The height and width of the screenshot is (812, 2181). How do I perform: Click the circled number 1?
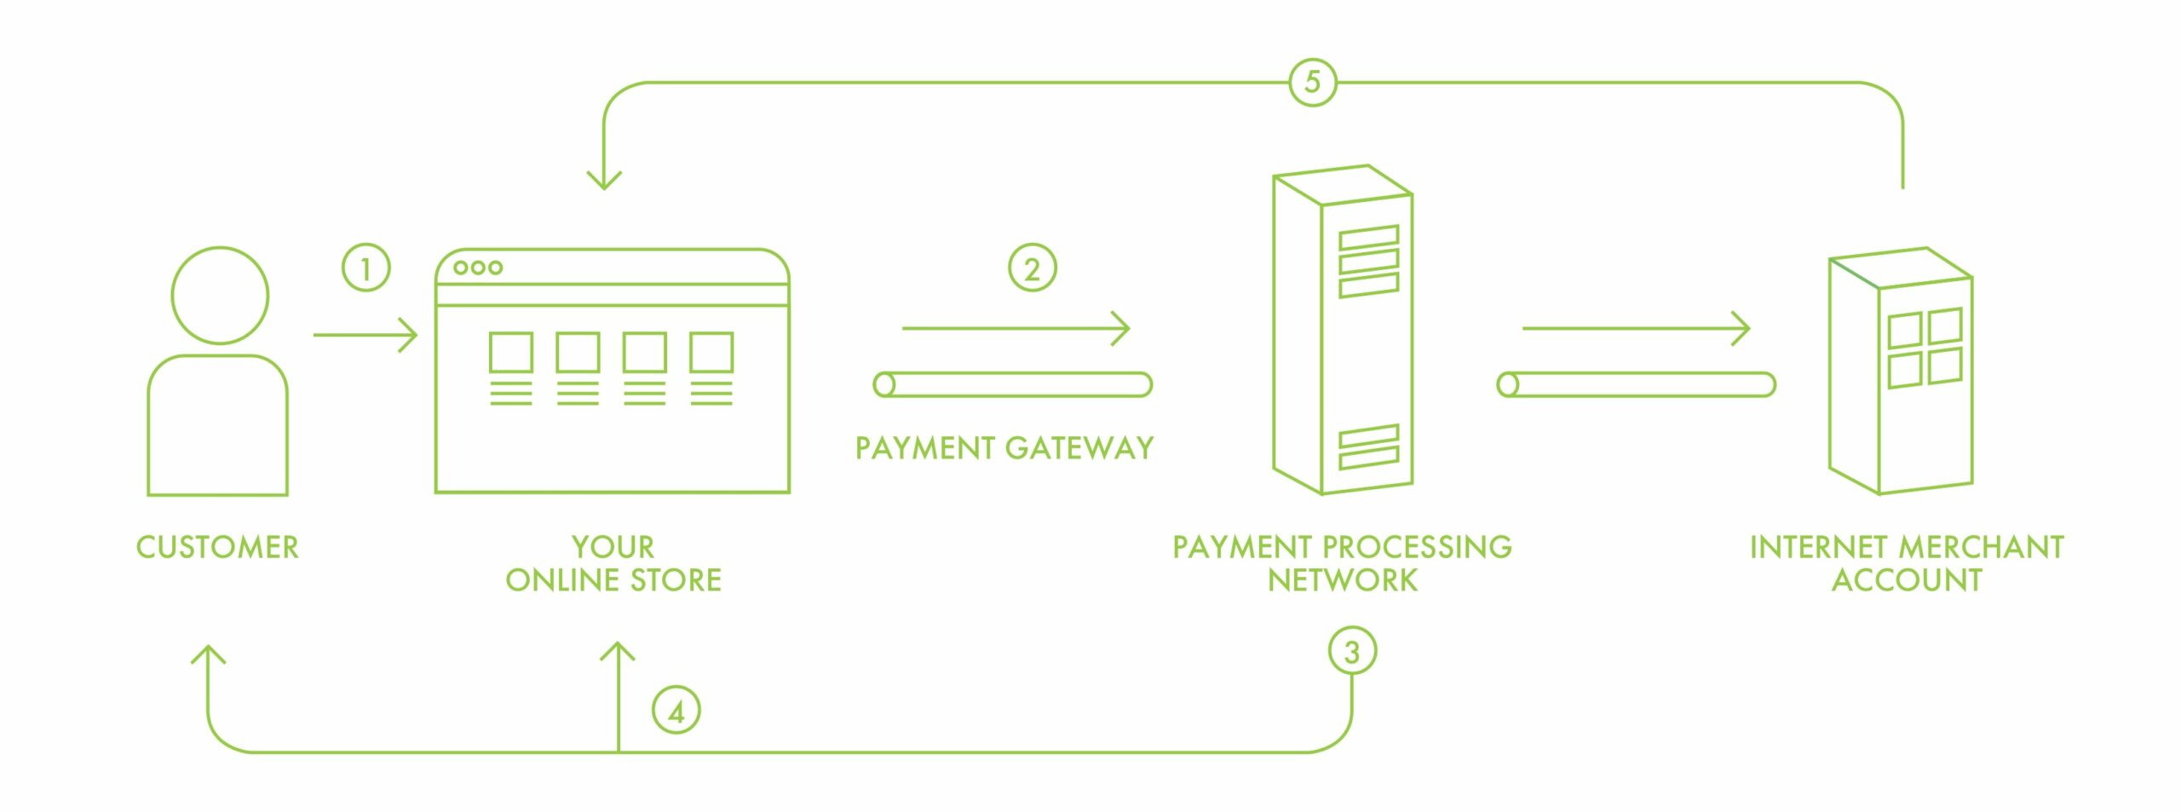pyautogui.click(x=365, y=268)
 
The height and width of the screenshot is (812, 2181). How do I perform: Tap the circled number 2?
pyautogui.click(x=1032, y=268)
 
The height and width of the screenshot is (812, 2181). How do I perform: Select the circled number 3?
pyautogui.click(x=1351, y=653)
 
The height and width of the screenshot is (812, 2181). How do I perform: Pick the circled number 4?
pyautogui.click(x=676, y=711)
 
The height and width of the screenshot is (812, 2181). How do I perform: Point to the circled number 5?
pyautogui.click(x=1312, y=82)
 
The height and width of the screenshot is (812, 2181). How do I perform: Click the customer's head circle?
pyautogui.click(x=220, y=296)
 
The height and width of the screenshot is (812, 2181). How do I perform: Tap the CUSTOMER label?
pyautogui.click(x=217, y=547)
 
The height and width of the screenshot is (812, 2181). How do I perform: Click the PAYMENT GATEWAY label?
pyautogui.click(x=1004, y=448)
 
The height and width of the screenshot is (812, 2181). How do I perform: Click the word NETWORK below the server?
pyautogui.click(x=1343, y=580)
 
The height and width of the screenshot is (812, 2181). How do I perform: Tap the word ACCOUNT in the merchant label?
pyautogui.click(x=1907, y=580)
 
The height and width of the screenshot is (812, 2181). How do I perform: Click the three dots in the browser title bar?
pyautogui.click(x=478, y=268)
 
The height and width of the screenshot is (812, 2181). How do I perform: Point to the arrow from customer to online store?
pyautogui.click(x=365, y=335)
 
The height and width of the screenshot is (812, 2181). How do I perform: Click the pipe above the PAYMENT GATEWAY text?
pyautogui.click(x=1012, y=385)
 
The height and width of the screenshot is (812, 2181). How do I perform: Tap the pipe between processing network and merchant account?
pyautogui.click(x=1636, y=385)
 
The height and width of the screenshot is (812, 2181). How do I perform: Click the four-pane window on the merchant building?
pyautogui.click(x=1925, y=348)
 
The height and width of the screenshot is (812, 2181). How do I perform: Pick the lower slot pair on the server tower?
pyautogui.click(x=1368, y=447)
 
